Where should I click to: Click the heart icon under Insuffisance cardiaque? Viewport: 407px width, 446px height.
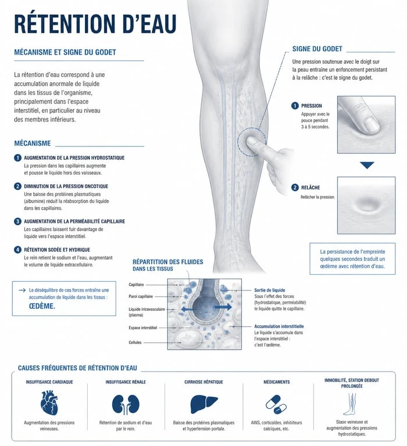click(49, 402)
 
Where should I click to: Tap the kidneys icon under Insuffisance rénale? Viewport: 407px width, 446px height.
click(126, 404)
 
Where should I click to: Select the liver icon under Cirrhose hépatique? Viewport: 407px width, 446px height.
click(204, 404)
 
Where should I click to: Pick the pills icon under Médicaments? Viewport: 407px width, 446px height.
click(276, 404)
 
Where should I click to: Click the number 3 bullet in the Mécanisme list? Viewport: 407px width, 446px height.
click(17, 221)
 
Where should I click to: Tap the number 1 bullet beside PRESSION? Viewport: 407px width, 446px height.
click(295, 106)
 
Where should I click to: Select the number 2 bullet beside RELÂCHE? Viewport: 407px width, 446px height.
click(295, 188)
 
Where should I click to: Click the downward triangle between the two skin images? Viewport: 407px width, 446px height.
click(367, 165)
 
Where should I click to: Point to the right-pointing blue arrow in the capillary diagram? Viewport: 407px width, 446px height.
click(223, 307)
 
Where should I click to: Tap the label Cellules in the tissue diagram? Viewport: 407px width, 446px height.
click(135, 343)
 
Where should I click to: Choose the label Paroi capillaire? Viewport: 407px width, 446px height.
click(141, 296)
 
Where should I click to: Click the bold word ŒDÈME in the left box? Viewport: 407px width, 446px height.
click(42, 306)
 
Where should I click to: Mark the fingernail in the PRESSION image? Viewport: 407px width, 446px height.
click(372, 125)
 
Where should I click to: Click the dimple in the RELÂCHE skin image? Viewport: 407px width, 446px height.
click(367, 204)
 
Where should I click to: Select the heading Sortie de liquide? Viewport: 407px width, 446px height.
click(269, 290)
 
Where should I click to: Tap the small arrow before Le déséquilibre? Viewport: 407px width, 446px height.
click(22, 290)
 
